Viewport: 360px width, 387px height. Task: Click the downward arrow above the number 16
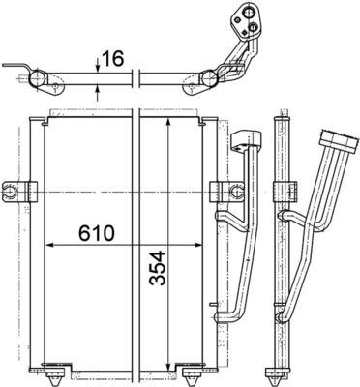coord(99,66)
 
